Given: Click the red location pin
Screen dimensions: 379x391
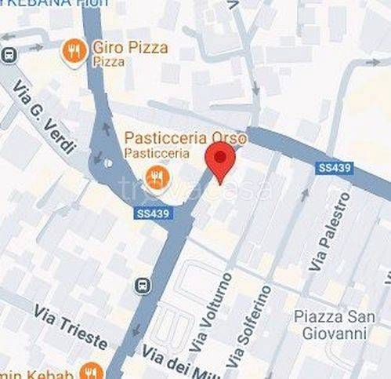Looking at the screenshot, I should click(220, 161).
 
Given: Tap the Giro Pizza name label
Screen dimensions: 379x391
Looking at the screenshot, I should click(130, 47).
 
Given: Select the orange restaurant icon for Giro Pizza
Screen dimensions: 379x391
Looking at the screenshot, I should click(74, 52).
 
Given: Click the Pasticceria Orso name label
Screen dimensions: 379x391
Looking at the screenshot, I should click(186, 138).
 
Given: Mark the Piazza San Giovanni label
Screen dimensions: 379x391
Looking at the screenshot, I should click(330, 325).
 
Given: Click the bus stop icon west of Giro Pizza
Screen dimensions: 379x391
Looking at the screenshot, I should click(8, 54).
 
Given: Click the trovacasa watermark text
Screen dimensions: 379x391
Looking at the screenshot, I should click(195, 188).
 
